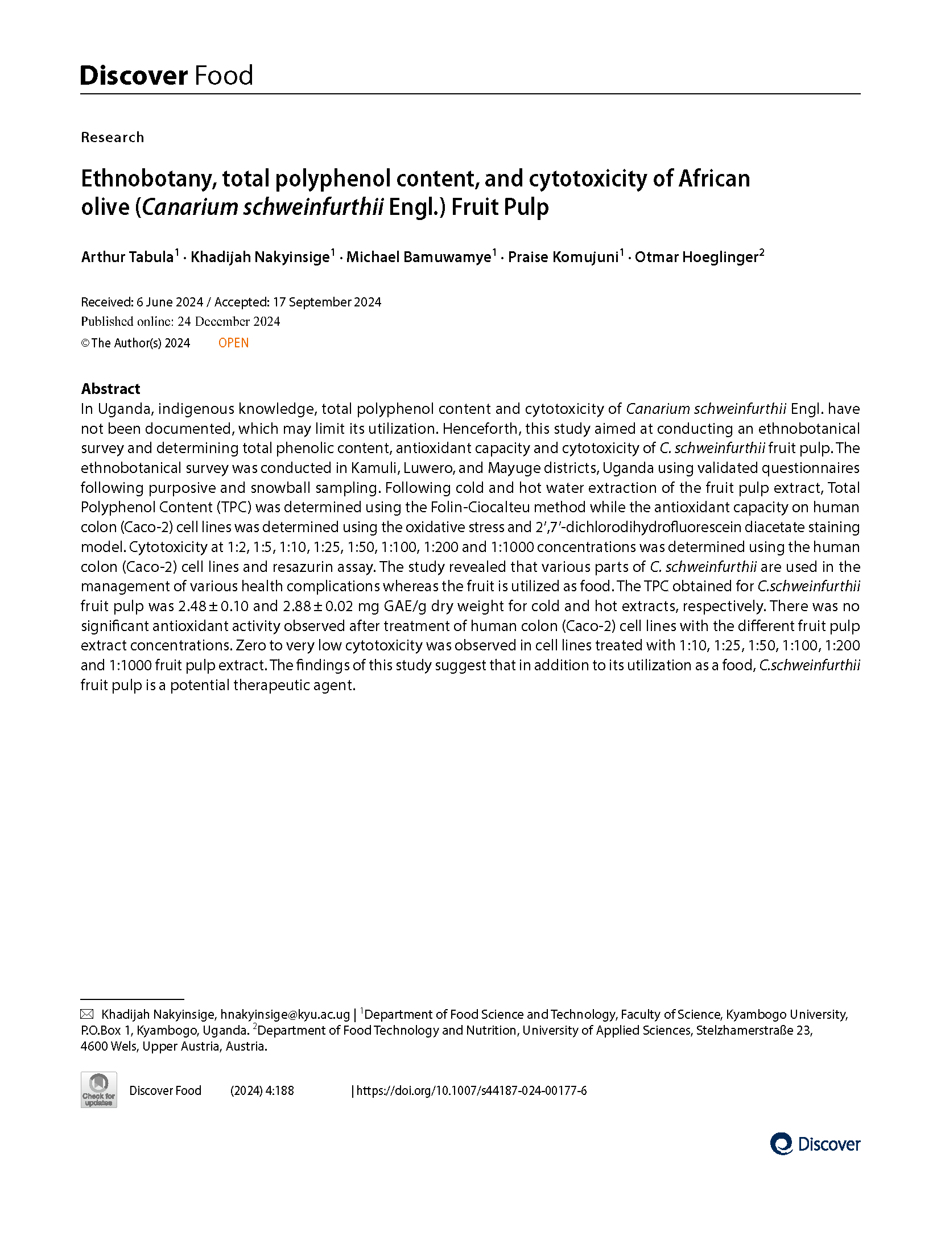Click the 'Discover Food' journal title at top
click(x=166, y=76)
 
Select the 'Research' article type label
click(x=112, y=138)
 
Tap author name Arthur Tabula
click(x=127, y=257)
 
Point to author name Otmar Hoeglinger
click(x=696, y=257)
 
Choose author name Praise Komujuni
click(x=563, y=257)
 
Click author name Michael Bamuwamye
click(x=418, y=257)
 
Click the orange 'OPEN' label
click(x=233, y=343)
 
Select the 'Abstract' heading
click(x=110, y=389)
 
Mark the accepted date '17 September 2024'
click(x=327, y=302)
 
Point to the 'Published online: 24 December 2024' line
click(x=180, y=322)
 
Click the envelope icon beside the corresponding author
click(x=87, y=1014)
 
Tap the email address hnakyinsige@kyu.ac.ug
click(x=285, y=1014)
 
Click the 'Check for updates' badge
click(x=98, y=1090)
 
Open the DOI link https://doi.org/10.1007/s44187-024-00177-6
click(x=471, y=1090)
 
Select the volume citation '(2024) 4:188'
click(x=262, y=1090)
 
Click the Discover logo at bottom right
click(x=815, y=1144)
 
